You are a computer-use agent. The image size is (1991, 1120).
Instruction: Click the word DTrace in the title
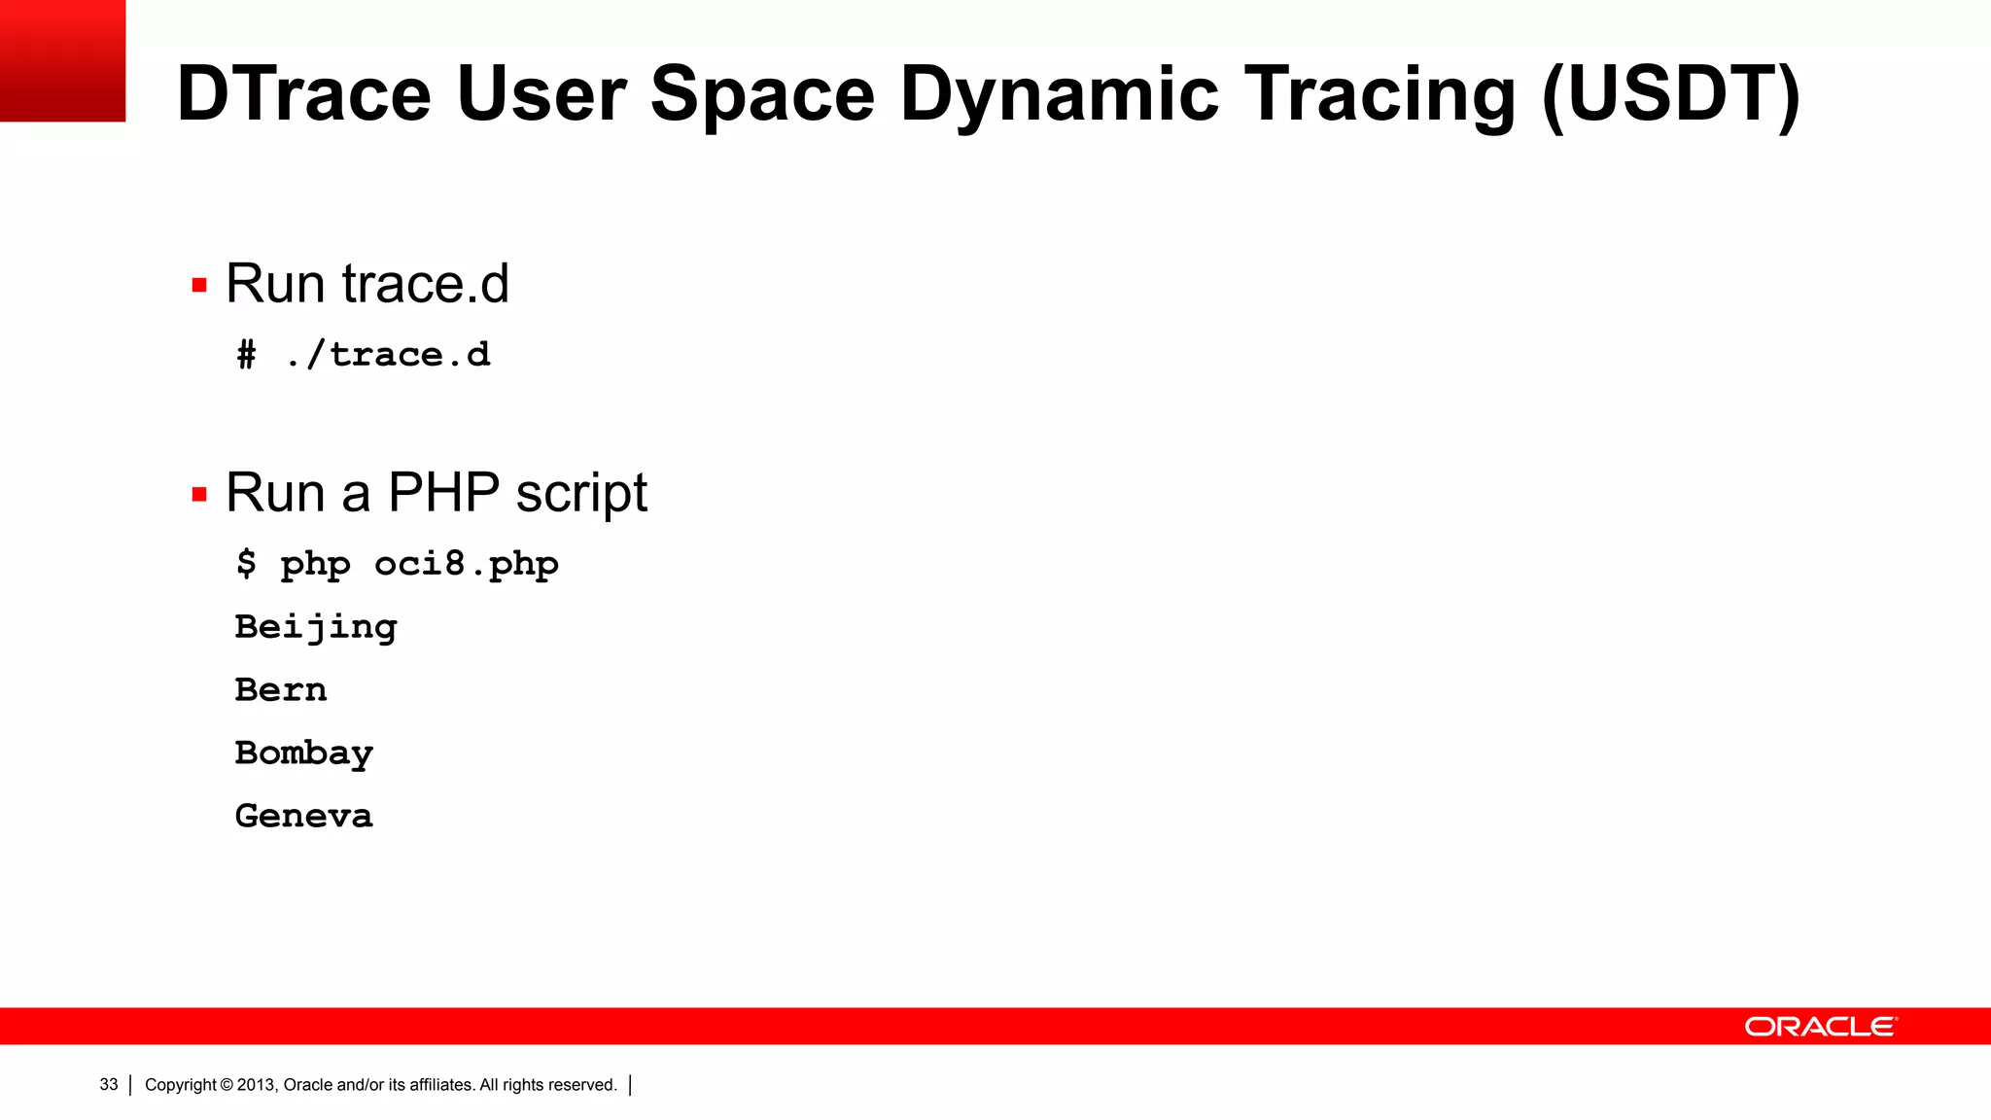click(303, 94)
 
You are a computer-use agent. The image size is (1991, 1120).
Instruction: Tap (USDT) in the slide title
click(1670, 94)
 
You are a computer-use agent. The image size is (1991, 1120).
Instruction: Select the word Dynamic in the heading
click(1059, 94)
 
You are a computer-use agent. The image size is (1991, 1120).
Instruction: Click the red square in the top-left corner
click(62, 60)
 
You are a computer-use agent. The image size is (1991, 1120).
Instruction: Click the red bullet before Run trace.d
click(199, 286)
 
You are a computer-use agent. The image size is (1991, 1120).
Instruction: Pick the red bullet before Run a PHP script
click(199, 495)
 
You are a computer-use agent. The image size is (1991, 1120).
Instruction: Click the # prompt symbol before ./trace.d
click(247, 355)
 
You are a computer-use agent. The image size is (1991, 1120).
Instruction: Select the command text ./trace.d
click(388, 355)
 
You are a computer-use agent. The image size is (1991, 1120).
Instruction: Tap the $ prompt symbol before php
click(246, 564)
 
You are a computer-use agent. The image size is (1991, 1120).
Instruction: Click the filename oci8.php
click(466, 564)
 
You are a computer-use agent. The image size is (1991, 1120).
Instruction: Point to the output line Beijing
click(316, 627)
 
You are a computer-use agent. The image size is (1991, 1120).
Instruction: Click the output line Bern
click(281, 690)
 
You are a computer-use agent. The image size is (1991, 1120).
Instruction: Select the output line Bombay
click(303, 753)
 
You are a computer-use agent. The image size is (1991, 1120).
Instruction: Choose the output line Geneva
click(303, 817)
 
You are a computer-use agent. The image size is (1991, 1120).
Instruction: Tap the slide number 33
click(109, 1085)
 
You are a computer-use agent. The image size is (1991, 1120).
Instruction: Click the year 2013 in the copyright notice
click(257, 1085)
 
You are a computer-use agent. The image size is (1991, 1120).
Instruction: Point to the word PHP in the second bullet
click(443, 493)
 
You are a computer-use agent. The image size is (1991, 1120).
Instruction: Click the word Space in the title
click(762, 94)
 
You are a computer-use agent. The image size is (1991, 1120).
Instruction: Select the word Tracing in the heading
click(1380, 94)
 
